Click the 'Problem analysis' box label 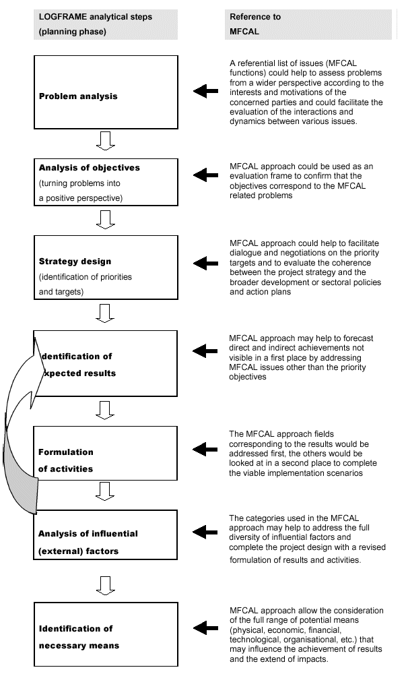[78, 96]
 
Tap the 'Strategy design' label [75, 262]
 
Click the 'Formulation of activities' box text [66, 460]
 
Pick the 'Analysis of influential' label [88, 533]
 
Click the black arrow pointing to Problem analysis [205, 92]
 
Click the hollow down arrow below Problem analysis [106, 140]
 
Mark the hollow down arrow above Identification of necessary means [106, 585]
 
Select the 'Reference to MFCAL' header [255, 24]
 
